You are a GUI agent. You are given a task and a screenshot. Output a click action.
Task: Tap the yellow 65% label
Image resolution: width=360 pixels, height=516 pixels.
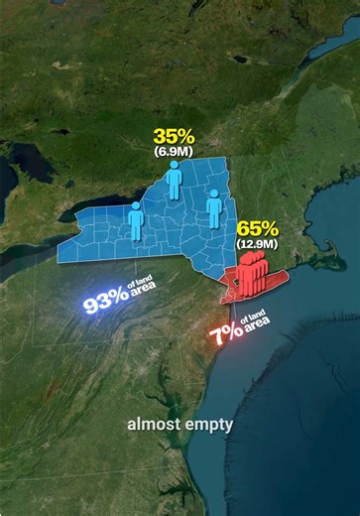(x=256, y=227)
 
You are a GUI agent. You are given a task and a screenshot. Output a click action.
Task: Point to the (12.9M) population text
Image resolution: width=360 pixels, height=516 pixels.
(x=256, y=242)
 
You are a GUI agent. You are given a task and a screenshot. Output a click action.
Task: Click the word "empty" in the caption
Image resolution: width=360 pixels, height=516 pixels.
(x=208, y=425)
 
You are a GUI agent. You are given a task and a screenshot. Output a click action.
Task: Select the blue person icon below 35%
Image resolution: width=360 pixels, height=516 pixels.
(x=174, y=181)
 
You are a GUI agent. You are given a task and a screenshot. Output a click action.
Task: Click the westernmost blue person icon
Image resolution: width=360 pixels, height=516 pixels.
(x=136, y=221)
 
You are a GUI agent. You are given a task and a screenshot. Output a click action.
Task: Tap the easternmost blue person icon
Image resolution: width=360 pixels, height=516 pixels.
(x=214, y=206)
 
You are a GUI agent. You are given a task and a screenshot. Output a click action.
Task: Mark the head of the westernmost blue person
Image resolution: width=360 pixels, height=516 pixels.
(x=136, y=207)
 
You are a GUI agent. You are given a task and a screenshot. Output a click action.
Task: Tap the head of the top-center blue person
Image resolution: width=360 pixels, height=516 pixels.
(x=174, y=166)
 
